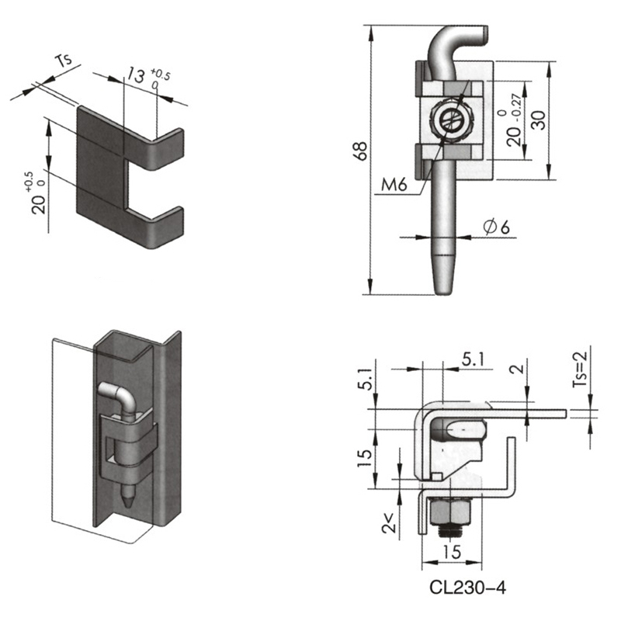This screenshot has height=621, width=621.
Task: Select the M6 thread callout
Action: pos(394,185)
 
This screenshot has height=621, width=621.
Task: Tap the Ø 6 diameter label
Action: pos(496,227)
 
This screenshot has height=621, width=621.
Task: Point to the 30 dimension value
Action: pos(538,120)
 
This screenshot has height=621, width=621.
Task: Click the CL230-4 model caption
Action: pos(468,588)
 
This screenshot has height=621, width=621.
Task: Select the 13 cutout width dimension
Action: pos(136,75)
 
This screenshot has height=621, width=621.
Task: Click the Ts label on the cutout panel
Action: pos(64,61)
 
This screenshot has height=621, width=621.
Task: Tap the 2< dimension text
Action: pos(389,522)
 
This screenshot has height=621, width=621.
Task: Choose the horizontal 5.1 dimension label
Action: pos(473,359)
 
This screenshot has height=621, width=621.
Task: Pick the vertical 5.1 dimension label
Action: pos(366,378)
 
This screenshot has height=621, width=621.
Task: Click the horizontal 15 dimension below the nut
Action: pos(452,551)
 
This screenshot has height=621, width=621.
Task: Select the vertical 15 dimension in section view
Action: pos(365,457)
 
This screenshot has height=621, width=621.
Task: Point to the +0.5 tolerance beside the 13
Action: pos(160,74)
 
